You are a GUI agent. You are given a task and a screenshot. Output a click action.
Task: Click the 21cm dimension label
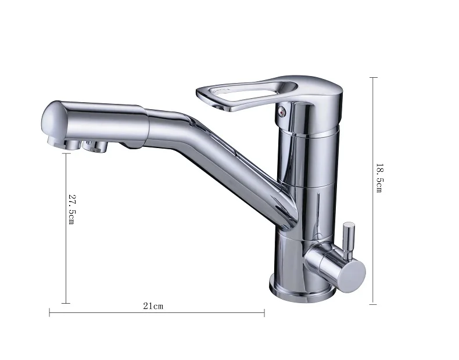coord(153,306)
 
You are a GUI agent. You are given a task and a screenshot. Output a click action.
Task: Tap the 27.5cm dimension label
coord(71,209)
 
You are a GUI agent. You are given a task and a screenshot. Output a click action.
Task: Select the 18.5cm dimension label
coord(379,178)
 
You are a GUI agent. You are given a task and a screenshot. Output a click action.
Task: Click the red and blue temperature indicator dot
coord(281,111)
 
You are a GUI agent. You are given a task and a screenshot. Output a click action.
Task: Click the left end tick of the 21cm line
coord(49,312)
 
